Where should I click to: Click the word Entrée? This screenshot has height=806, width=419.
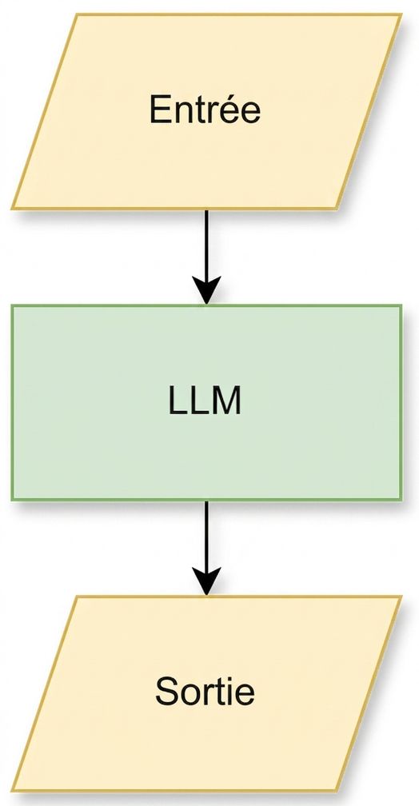click(x=206, y=110)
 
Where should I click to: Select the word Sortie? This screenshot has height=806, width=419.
click(x=205, y=692)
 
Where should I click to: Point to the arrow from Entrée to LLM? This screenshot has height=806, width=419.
click(x=206, y=257)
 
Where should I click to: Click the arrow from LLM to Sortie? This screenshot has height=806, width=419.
click(x=206, y=548)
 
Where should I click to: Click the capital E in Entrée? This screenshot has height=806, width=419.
click(x=160, y=110)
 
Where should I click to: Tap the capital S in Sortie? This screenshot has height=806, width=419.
click(x=166, y=692)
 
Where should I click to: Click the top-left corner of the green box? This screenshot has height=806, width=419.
click(x=12, y=305)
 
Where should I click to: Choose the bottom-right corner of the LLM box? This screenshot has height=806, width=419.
click(x=401, y=500)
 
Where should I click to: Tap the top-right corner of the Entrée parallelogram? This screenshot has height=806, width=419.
click(x=401, y=14)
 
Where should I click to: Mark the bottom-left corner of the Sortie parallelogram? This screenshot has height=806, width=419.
click(x=12, y=791)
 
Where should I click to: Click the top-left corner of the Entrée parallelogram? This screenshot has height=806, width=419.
click(x=77, y=14)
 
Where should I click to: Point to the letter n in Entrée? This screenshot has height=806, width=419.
click(x=182, y=113)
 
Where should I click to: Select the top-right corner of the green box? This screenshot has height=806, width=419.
click(x=401, y=305)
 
